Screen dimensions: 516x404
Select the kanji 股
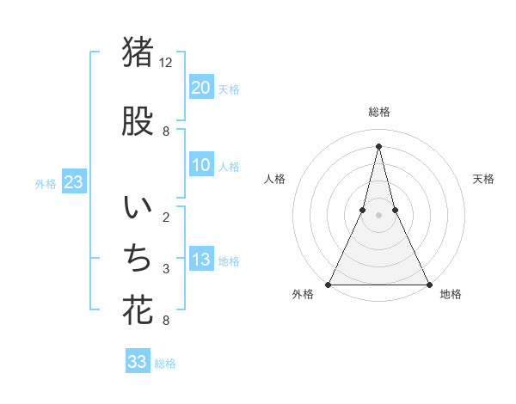(x=138, y=122)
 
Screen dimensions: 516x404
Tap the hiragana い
(x=138, y=209)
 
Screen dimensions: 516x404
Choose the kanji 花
(x=138, y=310)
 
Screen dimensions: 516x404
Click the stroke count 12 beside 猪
(x=166, y=63)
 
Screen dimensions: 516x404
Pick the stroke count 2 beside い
(x=165, y=217)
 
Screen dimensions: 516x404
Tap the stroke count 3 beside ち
(x=165, y=269)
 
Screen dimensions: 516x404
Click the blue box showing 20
(x=201, y=88)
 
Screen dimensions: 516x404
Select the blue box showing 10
(x=201, y=165)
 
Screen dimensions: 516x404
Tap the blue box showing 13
(x=201, y=260)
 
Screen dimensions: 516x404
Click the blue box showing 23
(x=73, y=182)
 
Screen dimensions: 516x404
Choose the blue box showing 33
(x=138, y=362)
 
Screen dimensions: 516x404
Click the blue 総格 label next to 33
(x=165, y=364)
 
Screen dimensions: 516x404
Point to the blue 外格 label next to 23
(x=46, y=183)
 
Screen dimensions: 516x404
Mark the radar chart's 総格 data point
(x=378, y=145)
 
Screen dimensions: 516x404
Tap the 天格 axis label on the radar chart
(x=484, y=179)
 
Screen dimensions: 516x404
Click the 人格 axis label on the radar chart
(x=274, y=179)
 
